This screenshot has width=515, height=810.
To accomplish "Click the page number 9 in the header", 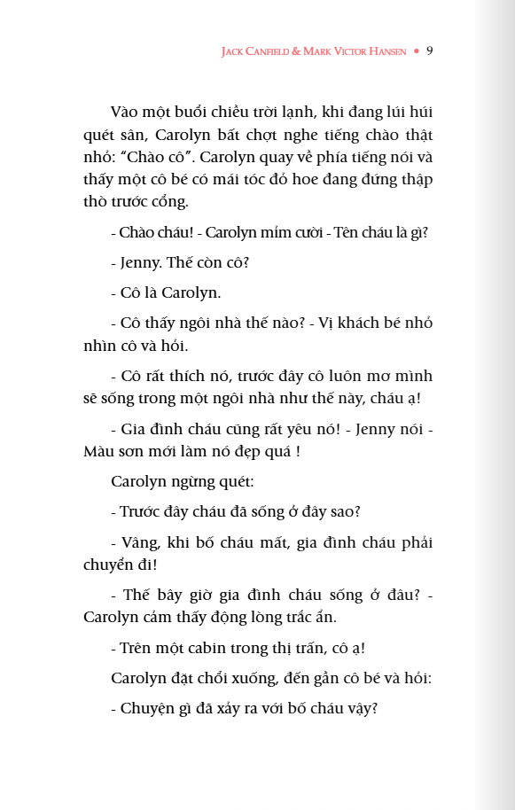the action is (x=429, y=51).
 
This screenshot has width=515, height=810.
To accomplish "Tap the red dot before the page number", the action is (x=416, y=52).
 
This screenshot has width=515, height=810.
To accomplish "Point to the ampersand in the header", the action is (x=299, y=52).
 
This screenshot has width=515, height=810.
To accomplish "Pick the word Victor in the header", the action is (x=348, y=52).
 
